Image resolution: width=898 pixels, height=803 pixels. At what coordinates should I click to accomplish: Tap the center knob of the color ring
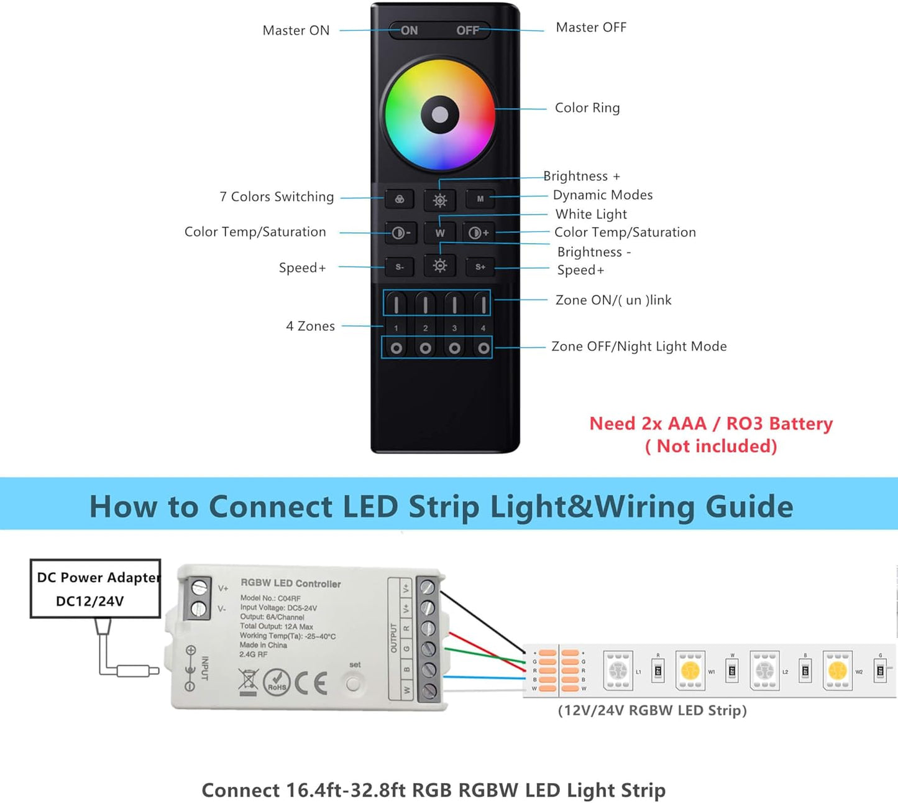tap(440, 114)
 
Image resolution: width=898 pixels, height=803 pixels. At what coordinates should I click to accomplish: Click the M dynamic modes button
tap(480, 199)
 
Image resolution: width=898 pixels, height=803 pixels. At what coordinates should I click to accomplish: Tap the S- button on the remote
tap(400, 267)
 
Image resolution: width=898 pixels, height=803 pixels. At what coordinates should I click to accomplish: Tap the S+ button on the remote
tap(480, 267)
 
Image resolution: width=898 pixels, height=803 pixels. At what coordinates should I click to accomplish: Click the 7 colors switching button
tap(400, 200)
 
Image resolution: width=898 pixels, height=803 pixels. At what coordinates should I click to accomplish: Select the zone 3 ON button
tap(454, 304)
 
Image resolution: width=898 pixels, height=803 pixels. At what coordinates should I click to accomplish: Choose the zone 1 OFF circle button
tap(396, 348)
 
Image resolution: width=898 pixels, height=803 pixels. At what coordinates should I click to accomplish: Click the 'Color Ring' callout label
tap(587, 108)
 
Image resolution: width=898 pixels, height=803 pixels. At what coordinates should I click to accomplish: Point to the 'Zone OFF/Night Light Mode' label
tap(639, 346)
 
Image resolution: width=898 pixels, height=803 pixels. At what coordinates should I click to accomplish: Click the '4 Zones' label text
tap(310, 327)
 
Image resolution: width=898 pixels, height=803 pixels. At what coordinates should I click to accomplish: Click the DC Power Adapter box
tap(96, 588)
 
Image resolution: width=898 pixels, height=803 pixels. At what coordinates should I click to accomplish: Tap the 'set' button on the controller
tap(353, 684)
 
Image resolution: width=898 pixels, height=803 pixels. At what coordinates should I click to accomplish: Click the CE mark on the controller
tap(311, 683)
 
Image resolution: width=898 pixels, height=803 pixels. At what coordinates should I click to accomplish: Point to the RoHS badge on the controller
tap(277, 683)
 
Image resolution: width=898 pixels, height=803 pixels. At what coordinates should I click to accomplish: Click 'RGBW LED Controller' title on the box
tap(291, 583)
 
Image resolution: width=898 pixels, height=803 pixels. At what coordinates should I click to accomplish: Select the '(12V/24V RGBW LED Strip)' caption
tap(652, 710)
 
